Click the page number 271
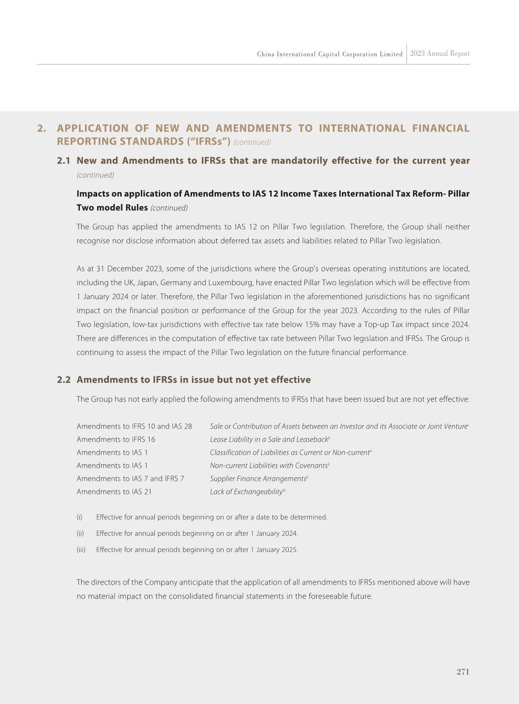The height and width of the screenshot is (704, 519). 463,672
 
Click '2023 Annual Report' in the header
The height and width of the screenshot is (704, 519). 440,54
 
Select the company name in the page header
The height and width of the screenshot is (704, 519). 330,54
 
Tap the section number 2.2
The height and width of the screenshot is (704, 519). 64,380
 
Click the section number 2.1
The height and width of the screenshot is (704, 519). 64,161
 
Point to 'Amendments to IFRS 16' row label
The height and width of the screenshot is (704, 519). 116,439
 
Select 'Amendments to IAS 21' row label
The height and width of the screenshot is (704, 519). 114,492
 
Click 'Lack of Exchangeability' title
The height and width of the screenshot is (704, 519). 246,492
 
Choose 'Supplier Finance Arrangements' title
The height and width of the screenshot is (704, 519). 258,479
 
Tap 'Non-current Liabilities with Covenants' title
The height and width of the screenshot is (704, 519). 268,466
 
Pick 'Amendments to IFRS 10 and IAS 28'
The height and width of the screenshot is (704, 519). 134,426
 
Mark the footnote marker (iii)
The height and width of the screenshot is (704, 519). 81,550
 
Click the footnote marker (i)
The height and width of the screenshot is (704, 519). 79,517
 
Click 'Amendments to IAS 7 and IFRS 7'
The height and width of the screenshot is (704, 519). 130,479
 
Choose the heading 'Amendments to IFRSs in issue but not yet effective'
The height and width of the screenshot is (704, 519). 194,380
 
